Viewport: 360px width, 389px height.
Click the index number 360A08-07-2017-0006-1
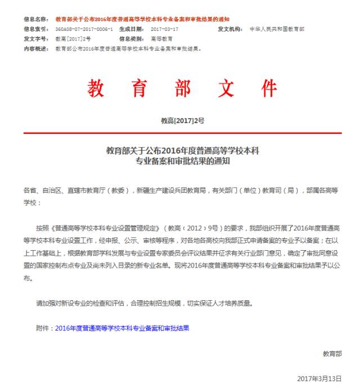(84, 29)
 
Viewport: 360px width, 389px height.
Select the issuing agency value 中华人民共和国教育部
(277, 29)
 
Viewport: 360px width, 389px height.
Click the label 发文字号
(35, 38)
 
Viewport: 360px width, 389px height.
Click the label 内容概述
(35, 48)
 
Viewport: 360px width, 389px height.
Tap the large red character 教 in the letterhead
(96, 88)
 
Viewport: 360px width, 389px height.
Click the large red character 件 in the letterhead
(268, 88)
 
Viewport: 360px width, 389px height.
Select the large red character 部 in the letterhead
(181, 88)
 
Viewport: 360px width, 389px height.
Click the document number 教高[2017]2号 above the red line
(182, 121)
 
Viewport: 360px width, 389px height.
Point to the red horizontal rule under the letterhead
(182, 133)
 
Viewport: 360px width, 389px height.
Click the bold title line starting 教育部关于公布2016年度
(182, 151)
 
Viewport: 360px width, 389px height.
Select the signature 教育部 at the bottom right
(332, 354)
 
